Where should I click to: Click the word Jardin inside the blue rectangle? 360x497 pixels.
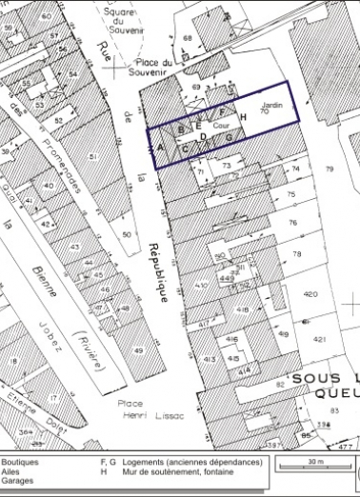click(x=271, y=104)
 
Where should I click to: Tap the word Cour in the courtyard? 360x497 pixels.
click(x=220, y=125)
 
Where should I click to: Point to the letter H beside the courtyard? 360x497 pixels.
click(x=243, y=118)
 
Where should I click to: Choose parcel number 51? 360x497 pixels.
click(x=93, y=155)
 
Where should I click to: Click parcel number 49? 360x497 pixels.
click(x=137, y=351)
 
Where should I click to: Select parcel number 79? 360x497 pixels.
click(x=330, y=169)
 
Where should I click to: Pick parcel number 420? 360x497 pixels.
click(x=310, y=294)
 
